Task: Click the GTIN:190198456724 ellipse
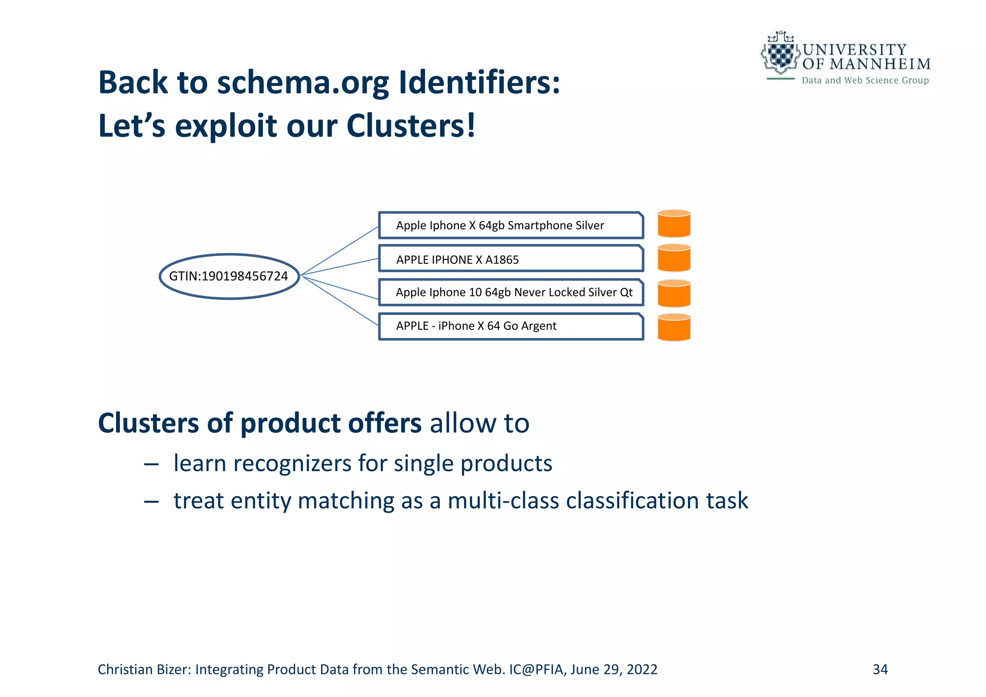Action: pyautogui.click(x=229, y=276)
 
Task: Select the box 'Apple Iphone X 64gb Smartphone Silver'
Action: pyautogui.click(x=511, y=225)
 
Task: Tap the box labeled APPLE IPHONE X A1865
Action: pyautogui.click(x=511, y=259)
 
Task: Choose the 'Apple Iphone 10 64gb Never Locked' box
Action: pyautogui.click(x=511, y=292)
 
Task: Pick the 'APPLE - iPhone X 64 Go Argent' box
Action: pyautogui.click(x=511, y=326)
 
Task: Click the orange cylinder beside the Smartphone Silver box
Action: pyautogui.click(x=674, y=224)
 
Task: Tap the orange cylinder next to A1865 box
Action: pyautogui.click(x=674, y=258)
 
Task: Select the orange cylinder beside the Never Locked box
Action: pyautogui.click(x=674, y=293)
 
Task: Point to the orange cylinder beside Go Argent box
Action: pyautogui.click(x=674, y=327)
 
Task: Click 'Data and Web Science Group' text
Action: pyautogui.click(x=865, y=80)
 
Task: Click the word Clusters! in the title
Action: pyautogui.click(x=411, y=126)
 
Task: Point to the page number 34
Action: pyautogui.click(x=880, y=670)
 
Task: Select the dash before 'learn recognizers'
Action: pyautogui.click(x=151, y=464)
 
